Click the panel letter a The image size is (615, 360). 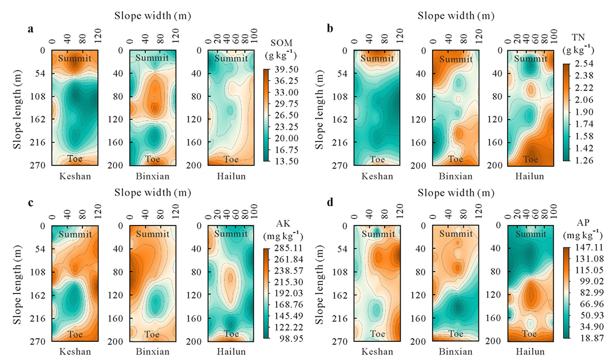pos(31,29)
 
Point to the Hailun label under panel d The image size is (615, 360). pos(530,351)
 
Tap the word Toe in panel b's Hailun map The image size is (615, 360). pos(529,158)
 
